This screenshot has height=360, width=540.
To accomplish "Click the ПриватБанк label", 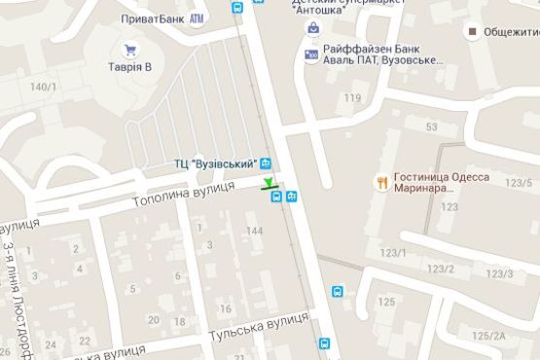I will pyautogui.click(x=151, y=18).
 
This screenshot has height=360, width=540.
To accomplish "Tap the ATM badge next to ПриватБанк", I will pyautogui.click(x=198, y=18).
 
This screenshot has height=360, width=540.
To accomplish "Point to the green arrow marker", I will pyautogui.click(x=269, y=182).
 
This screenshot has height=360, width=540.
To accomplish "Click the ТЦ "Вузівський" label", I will pyautogui.click(x=215, y=162).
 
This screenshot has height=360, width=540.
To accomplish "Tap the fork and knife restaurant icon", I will pyautogui.click(x=381, y=182).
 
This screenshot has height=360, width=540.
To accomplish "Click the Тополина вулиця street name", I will pyautogui.click(x=185, y=194).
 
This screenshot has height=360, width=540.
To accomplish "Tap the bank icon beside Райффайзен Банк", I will pyautogui.click(x=311, y=54).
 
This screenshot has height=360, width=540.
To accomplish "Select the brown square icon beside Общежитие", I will pyautogui.click(x=471, y=32).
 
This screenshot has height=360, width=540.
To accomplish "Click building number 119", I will pyautogui.click(x=351, y=97).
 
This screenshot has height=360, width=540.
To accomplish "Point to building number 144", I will pyautogui.click(x=255, y=231).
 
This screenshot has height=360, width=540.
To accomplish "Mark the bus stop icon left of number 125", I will pyautogui.click(x=338, y=291).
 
